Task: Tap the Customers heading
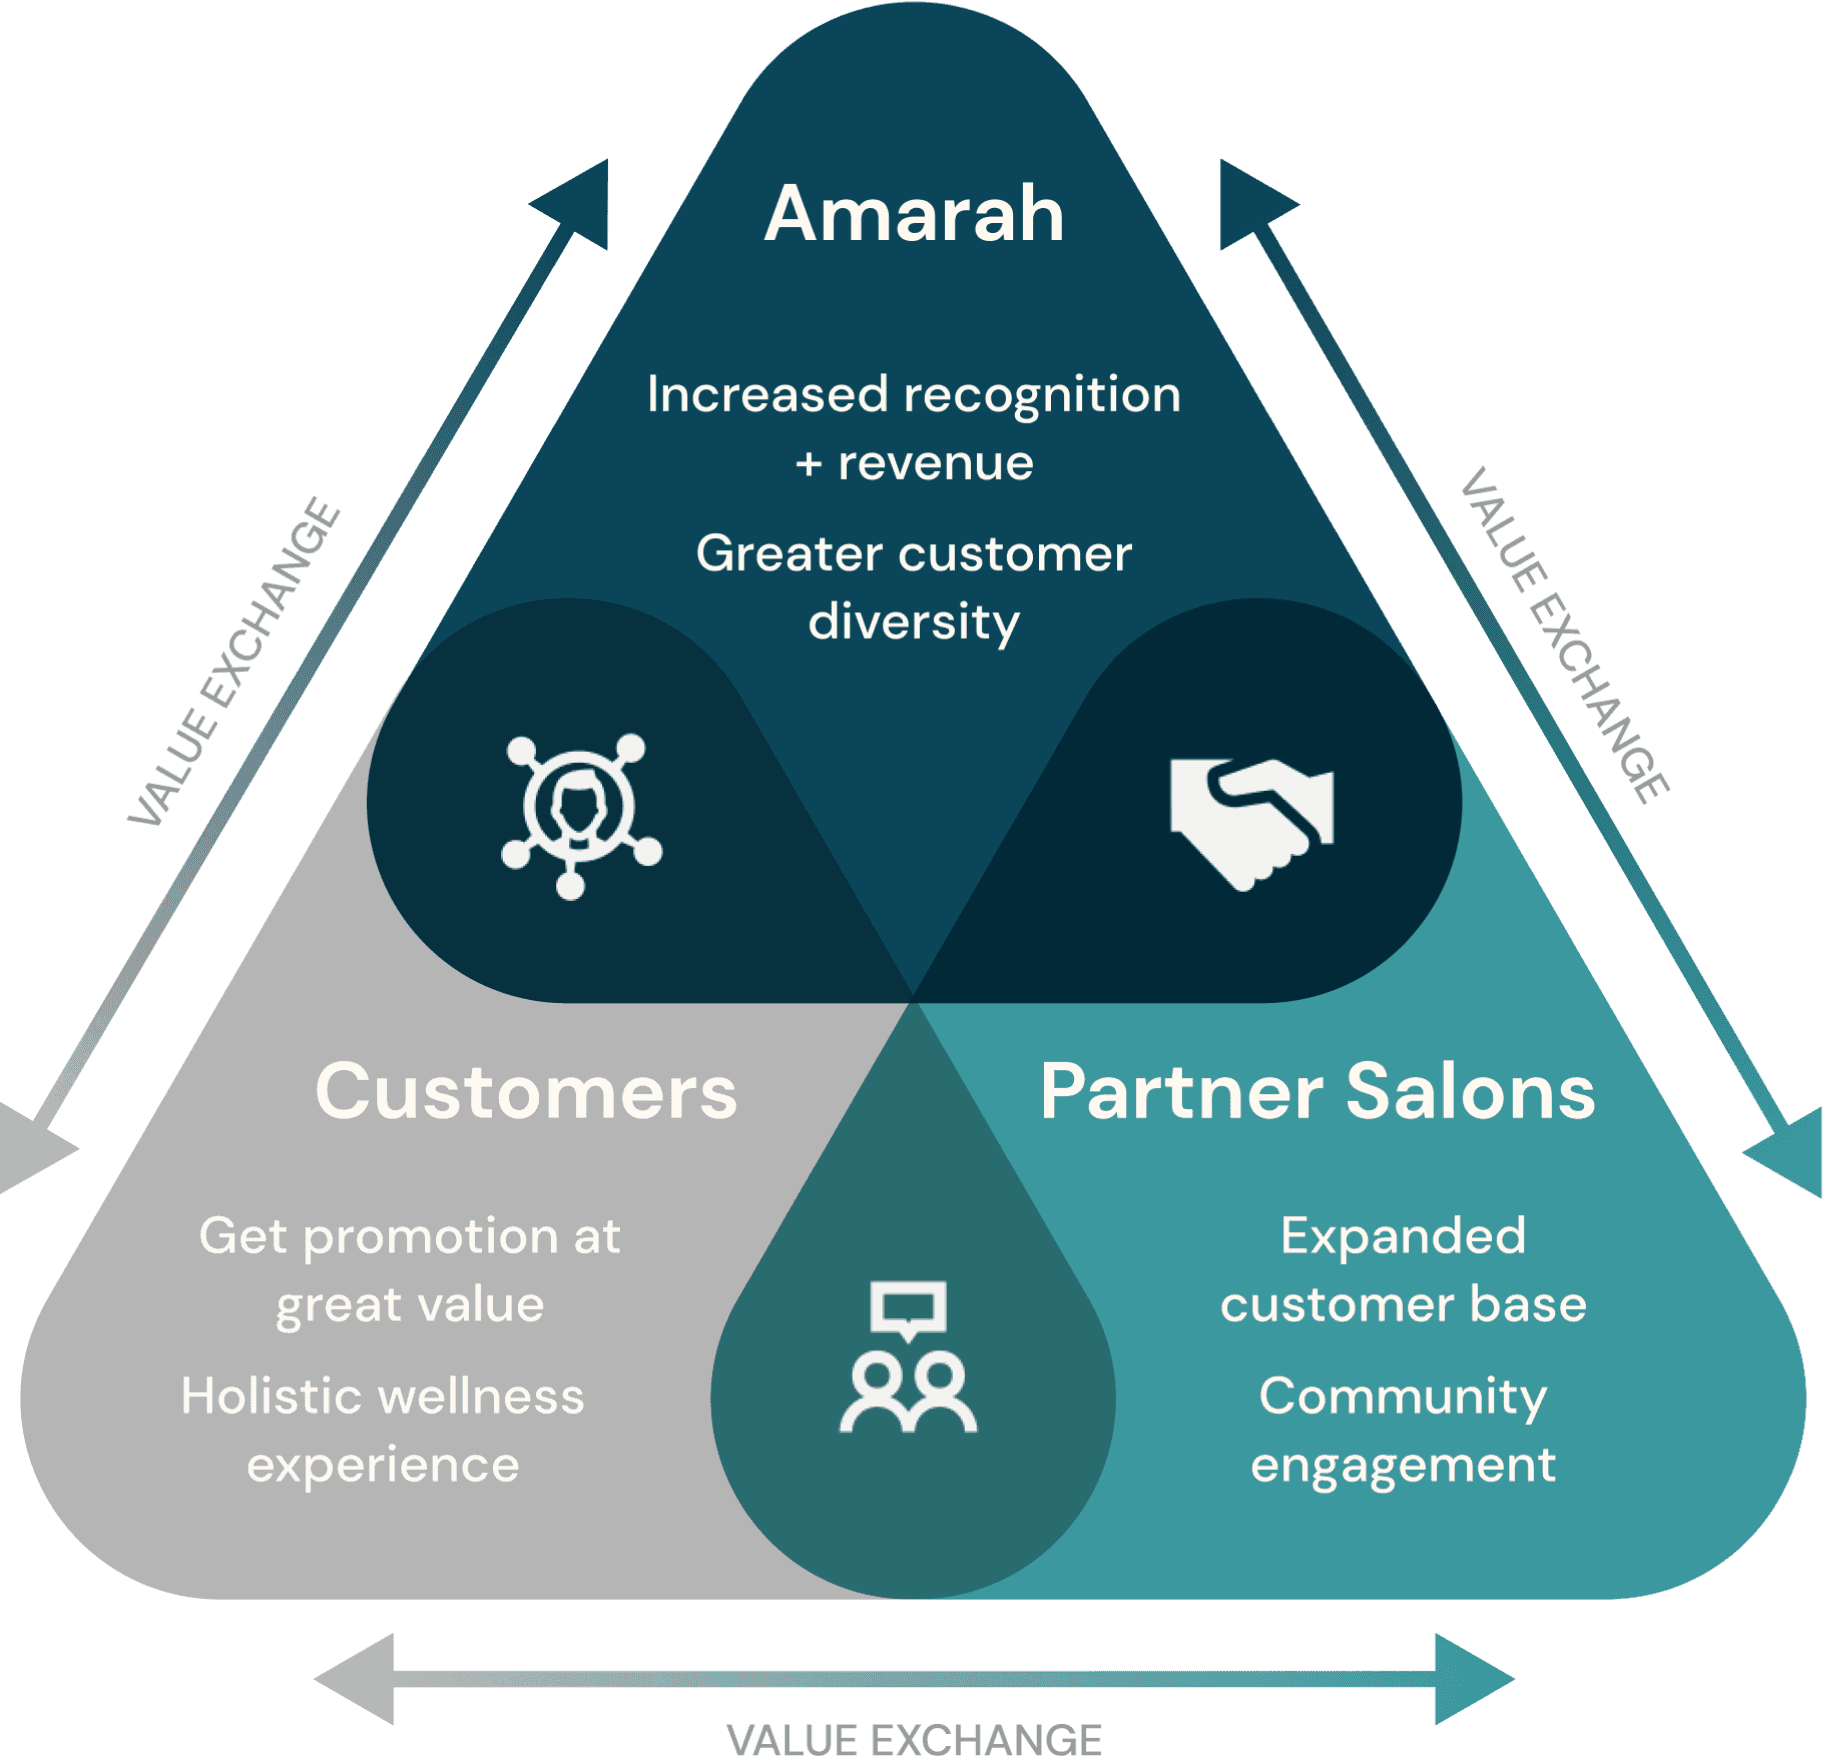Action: tap(526, 1091)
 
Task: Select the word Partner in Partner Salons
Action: tap(1182, 1091)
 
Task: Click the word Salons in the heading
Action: tap(1470, 1091)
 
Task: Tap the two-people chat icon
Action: tap(908, 1357)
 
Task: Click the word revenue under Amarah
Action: tap(935, 464)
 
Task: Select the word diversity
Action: tap(914, 622)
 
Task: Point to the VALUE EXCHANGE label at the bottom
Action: tap(914, 1739)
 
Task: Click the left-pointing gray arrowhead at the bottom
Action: tap(355, 1679)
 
